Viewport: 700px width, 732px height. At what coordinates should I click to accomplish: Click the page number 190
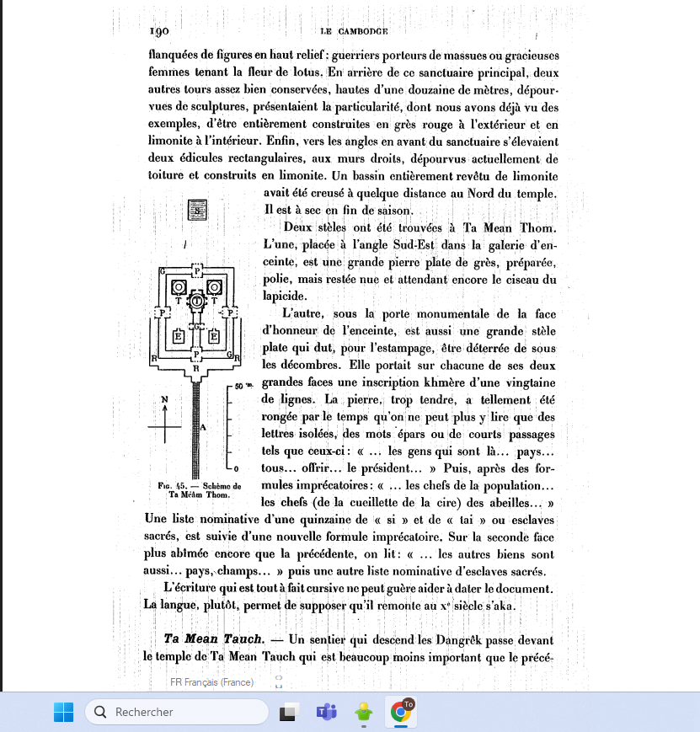tap(160, 31)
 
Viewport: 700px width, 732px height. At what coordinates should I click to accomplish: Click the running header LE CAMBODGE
tap(353, 31)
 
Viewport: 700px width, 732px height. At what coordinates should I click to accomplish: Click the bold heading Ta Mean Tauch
tap(213, 638)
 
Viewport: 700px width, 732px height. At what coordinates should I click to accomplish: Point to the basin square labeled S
tap(197, 211)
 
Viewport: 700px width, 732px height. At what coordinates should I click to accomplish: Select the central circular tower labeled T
tap(197, 300)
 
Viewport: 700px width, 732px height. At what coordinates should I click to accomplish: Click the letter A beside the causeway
tap(204, 427)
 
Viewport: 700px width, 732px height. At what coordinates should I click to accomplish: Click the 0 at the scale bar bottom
tap(236, 468)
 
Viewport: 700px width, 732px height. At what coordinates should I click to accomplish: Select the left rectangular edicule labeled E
tap(179, 336)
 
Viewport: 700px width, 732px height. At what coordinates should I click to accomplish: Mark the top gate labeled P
tap(197, 269)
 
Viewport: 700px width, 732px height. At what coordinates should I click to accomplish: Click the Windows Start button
tap(64, 712)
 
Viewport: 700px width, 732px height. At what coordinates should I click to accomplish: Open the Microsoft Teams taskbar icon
tap(326, 712)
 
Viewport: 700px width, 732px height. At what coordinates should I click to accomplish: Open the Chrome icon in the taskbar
tap(401, 712)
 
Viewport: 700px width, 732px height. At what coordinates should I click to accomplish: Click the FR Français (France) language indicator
tap(211, 681)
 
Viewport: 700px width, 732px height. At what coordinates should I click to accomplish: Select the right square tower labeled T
tap(216, 287)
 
